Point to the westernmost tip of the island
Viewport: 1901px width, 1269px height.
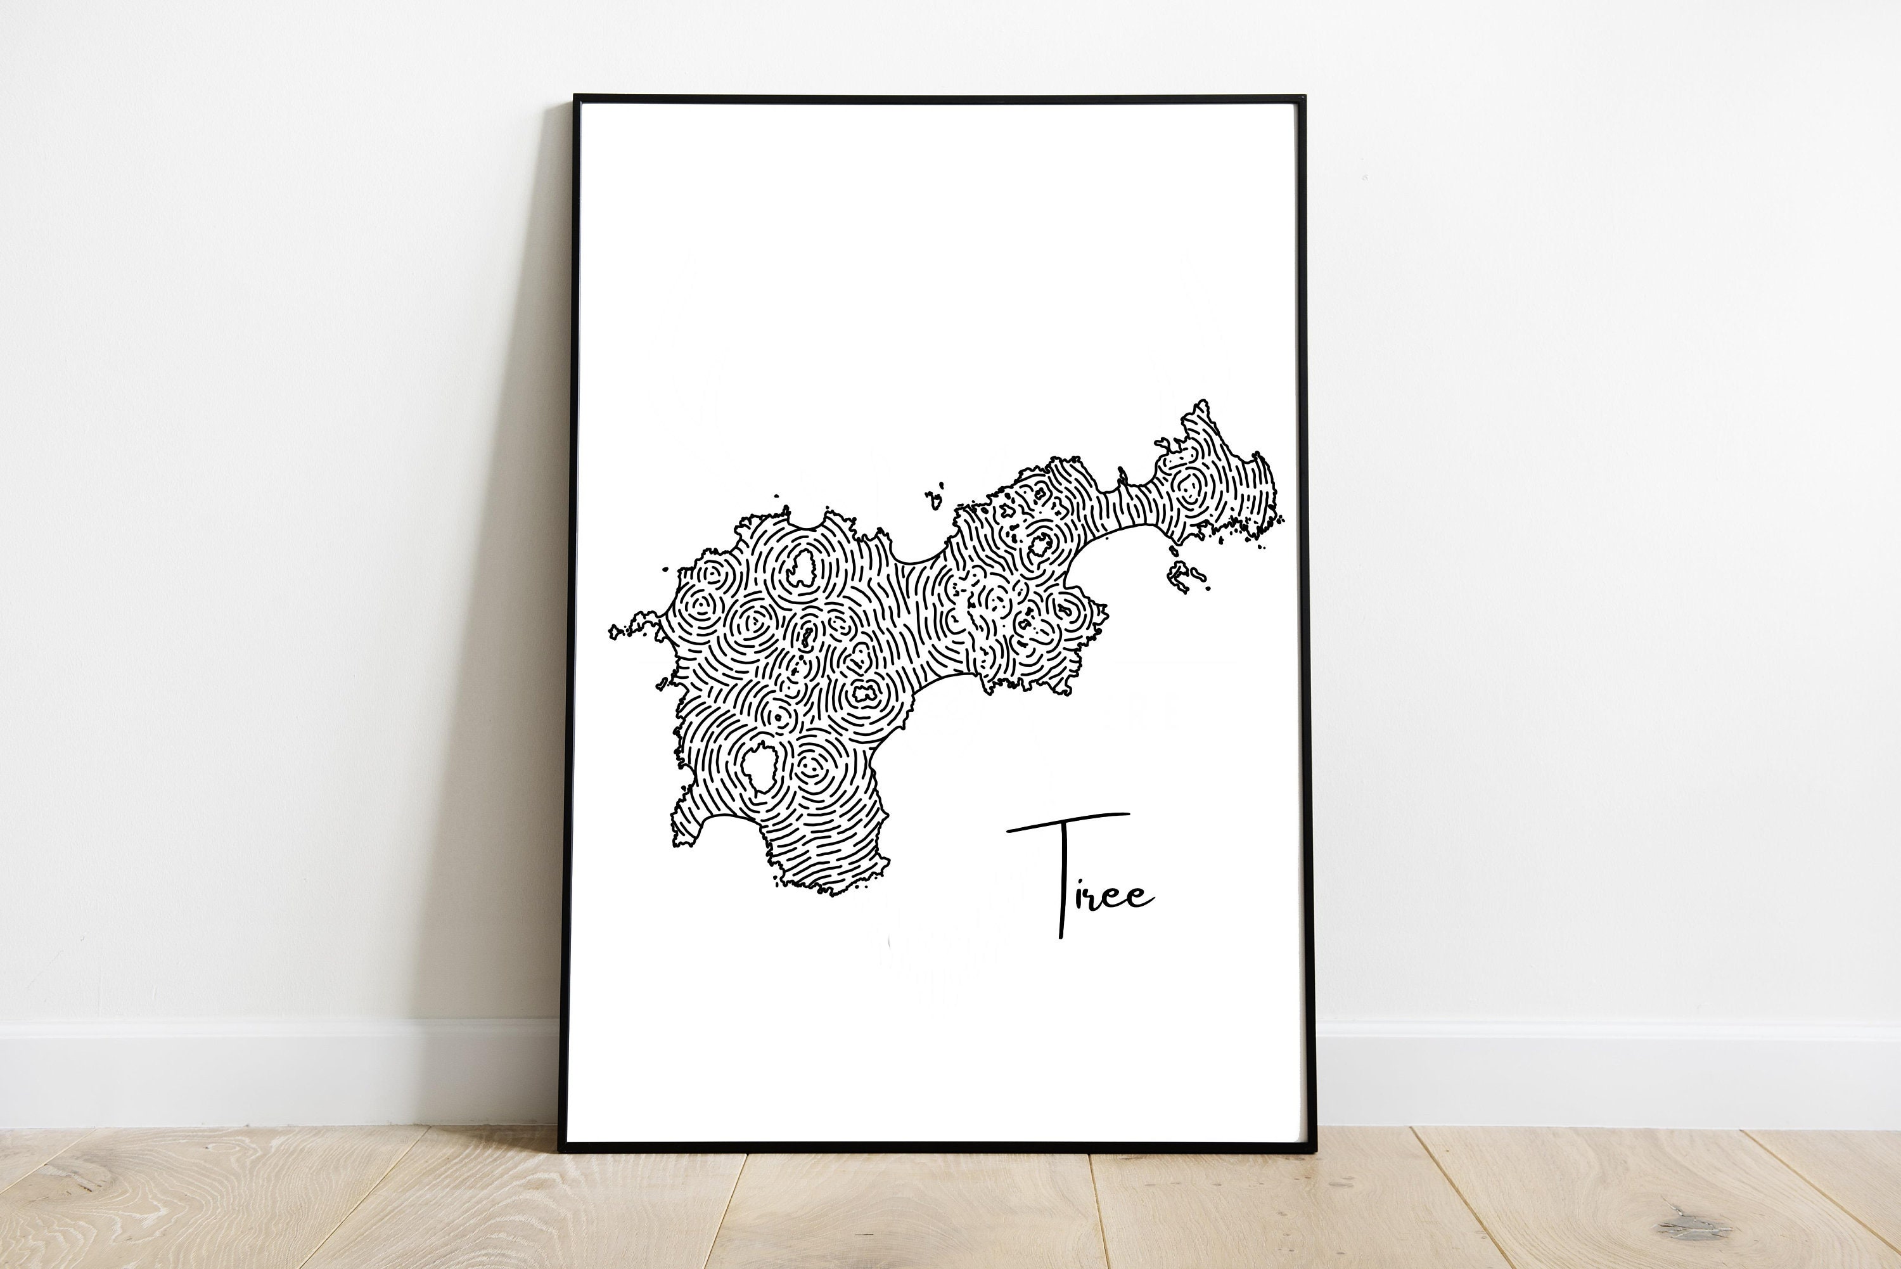pyautogui.click(x=611, y=632)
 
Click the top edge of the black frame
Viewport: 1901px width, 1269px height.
pyautogui.click(x=938, y=100)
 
